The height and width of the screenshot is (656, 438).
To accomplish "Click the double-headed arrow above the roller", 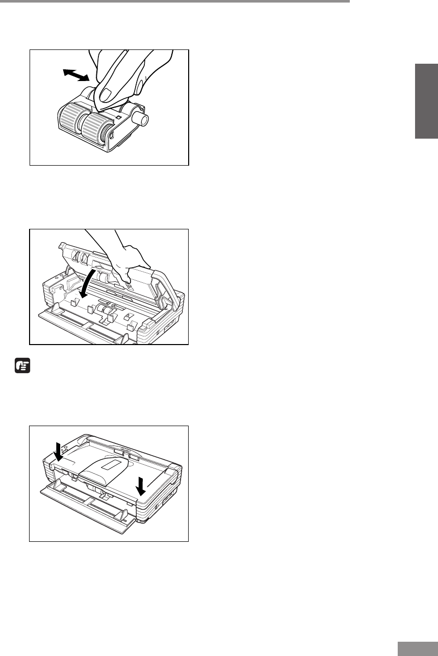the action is (75, 75).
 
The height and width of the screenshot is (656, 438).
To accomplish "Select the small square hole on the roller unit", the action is (118, 117).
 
